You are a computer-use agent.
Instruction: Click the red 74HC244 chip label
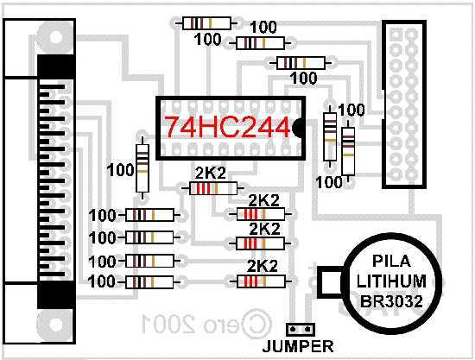pos(227,127)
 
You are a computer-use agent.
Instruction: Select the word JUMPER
pos(298,346)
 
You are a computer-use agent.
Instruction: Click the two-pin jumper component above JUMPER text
pos(301,329)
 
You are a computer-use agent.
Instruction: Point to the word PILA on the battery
pos(391,262)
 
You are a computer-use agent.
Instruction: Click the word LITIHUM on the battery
pos(391,281)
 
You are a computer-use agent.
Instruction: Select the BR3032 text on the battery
pos(391,301)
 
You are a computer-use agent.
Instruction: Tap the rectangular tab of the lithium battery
pos(330,282)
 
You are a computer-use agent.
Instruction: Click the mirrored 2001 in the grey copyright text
pos(168,324)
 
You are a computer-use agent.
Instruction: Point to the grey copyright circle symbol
pos(256,324)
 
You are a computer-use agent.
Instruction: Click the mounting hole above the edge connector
pos(55,38)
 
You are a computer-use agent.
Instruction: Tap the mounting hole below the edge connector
pos(55,325)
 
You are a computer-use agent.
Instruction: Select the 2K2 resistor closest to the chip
pos(213,188)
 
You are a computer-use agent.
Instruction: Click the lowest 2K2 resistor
pos(261,281)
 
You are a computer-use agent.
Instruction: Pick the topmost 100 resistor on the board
pos(207,23)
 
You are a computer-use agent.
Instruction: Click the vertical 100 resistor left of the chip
pos(142,168)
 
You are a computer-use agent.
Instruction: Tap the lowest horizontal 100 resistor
pos(149,282)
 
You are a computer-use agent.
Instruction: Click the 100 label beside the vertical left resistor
pos(120,170)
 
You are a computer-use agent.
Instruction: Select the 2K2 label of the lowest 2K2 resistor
pos(263,266)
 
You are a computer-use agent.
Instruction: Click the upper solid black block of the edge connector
pos(56,66)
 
